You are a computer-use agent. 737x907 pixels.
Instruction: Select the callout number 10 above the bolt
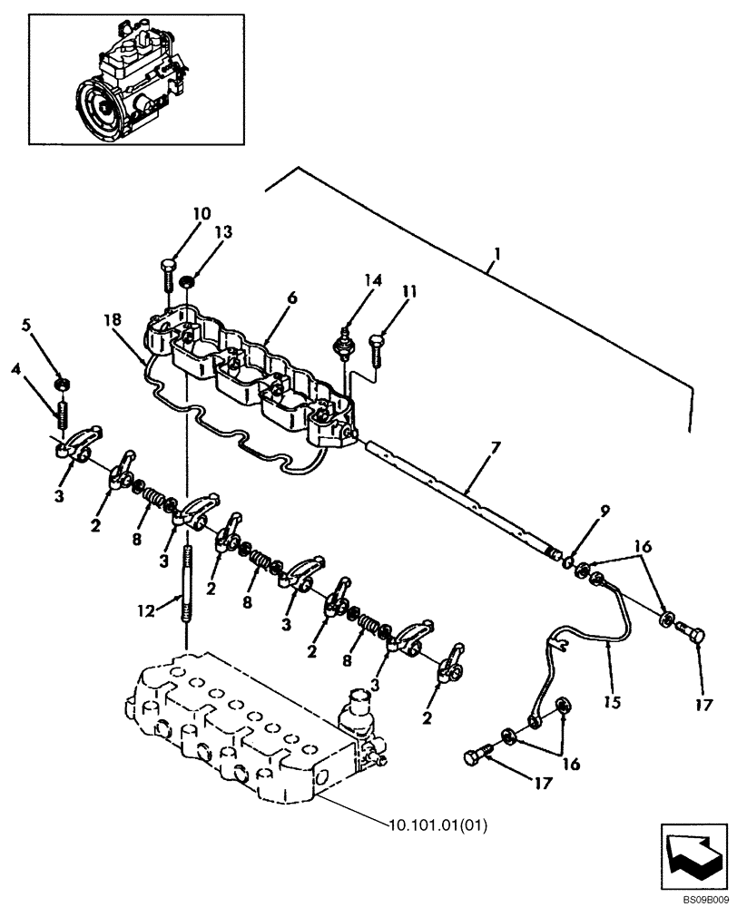tap(201, 214)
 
